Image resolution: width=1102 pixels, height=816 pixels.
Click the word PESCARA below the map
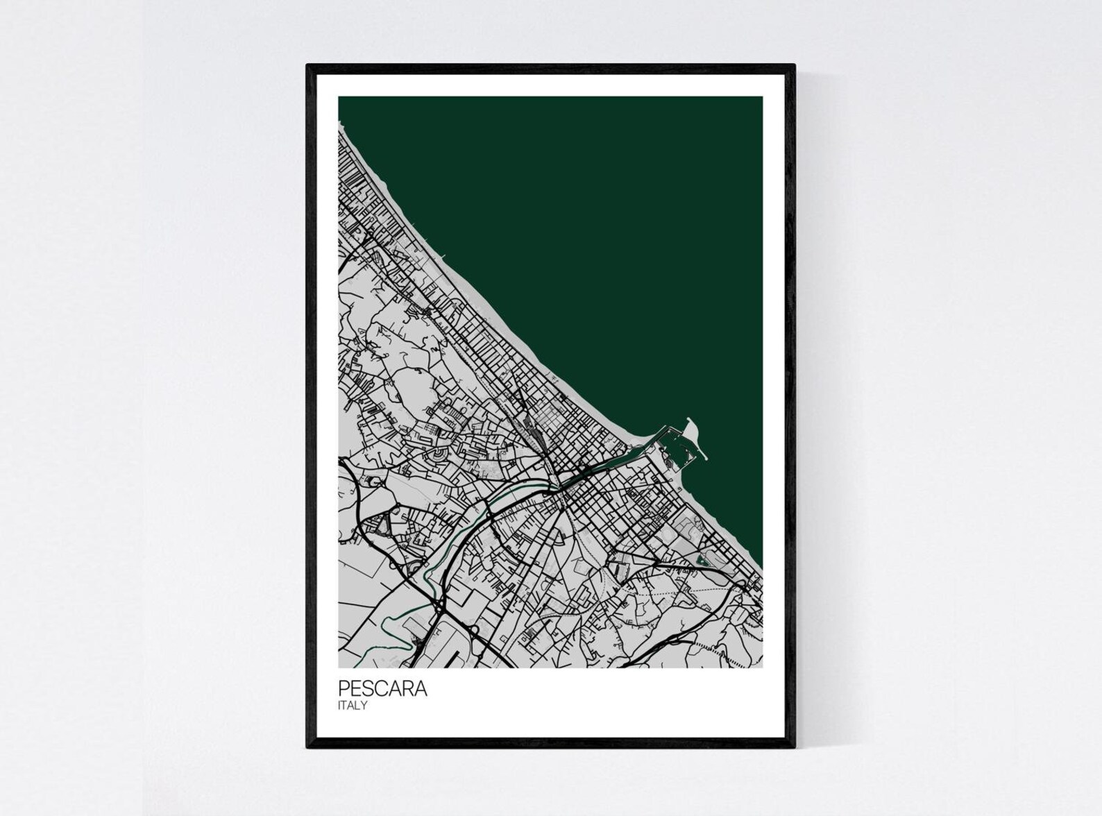(382, 688)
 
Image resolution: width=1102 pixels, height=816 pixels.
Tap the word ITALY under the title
(353, 706)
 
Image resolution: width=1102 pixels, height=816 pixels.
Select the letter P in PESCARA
(344, 688)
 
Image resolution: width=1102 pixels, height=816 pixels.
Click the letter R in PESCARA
(407, 688)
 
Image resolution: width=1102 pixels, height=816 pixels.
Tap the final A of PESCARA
(421, 688)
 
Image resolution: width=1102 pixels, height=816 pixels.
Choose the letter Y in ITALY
(364, 706)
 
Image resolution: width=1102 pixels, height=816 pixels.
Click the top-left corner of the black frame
(308, 66)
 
